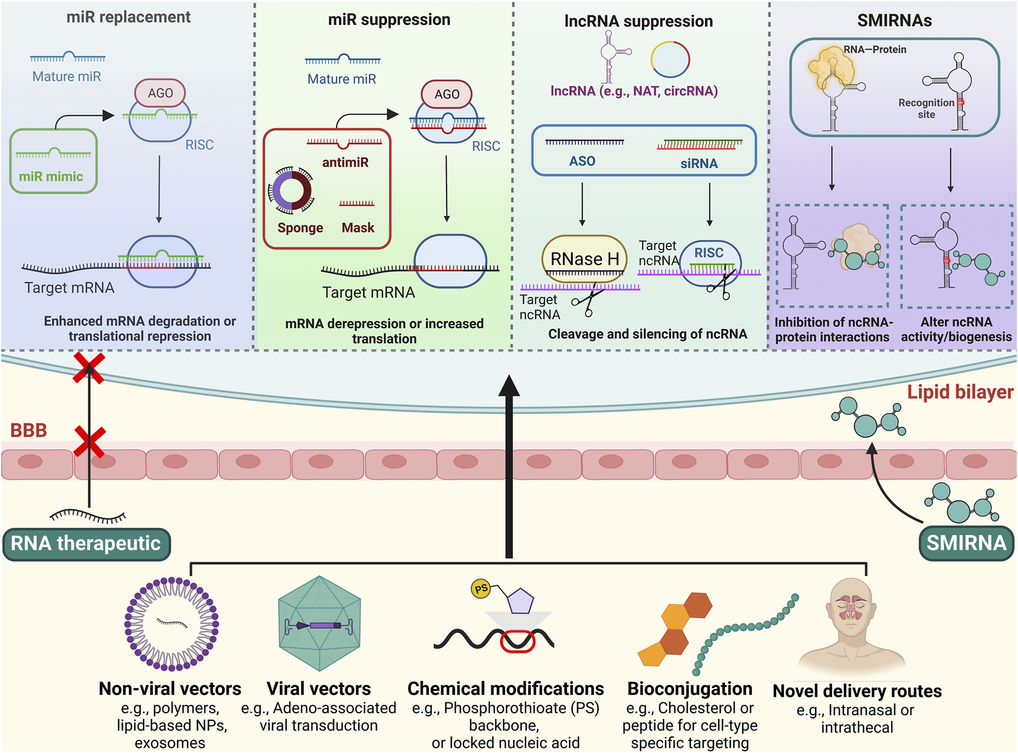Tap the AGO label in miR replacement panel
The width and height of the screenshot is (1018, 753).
point(160,93)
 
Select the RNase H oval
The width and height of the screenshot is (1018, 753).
point(584,258)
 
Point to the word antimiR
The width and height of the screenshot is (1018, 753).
point(345,163)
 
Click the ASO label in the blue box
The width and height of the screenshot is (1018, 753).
point(582,161)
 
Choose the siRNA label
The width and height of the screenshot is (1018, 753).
point(699,164)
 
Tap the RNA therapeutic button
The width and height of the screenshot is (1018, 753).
point(86,543)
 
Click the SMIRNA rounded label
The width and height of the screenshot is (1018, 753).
point(966,543)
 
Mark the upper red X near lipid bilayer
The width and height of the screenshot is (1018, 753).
point(89,368)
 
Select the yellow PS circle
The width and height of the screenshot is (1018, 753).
point(481,588)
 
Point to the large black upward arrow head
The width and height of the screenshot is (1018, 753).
point(509,388)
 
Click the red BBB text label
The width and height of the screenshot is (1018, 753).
point(28,430)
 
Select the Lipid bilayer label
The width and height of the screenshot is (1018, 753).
point(960,392)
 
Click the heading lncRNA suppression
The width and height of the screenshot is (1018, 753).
point(638,21)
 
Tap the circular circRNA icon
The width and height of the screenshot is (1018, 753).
point(670,59)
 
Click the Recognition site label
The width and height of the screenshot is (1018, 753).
point(926,109)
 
